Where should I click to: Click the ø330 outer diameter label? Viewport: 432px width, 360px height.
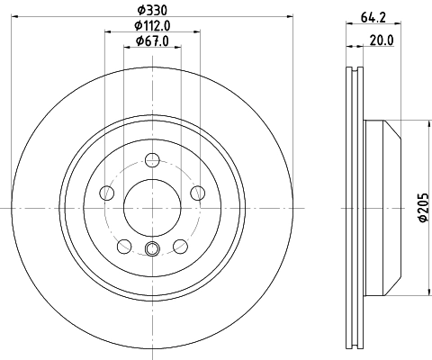pyautogui.click(x=152, y=10)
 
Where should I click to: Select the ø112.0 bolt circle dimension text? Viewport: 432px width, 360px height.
pyautogui.click(x=152, y=25)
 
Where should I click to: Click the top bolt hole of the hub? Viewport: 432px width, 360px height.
pyautogui.click(x=152, y=160)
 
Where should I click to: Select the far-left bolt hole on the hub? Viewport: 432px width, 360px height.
pyautogui.click(x=107, y=192)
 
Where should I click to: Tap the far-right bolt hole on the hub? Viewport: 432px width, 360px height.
pyautogui.click(x=197, y=192)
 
